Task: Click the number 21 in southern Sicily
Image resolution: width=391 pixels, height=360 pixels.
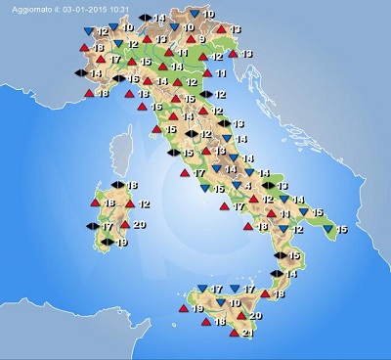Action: [247, 334]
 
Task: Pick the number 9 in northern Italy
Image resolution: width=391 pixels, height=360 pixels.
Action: [200, 39]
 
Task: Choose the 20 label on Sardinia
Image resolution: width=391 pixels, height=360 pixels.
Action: [139, 225]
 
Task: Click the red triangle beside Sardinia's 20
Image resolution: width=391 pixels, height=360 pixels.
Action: [124, 225]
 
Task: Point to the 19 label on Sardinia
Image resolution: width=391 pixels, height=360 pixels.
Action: [121, 243]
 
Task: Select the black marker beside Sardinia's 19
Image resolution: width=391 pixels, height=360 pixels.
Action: [107, 243]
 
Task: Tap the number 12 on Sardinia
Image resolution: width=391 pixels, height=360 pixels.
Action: [144, 203]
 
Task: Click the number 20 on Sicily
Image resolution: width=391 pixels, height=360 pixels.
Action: [256, 316]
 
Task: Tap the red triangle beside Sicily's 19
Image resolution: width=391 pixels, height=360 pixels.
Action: [182, 309]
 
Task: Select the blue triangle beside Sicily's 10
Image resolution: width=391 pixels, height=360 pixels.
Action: [220, 303]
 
